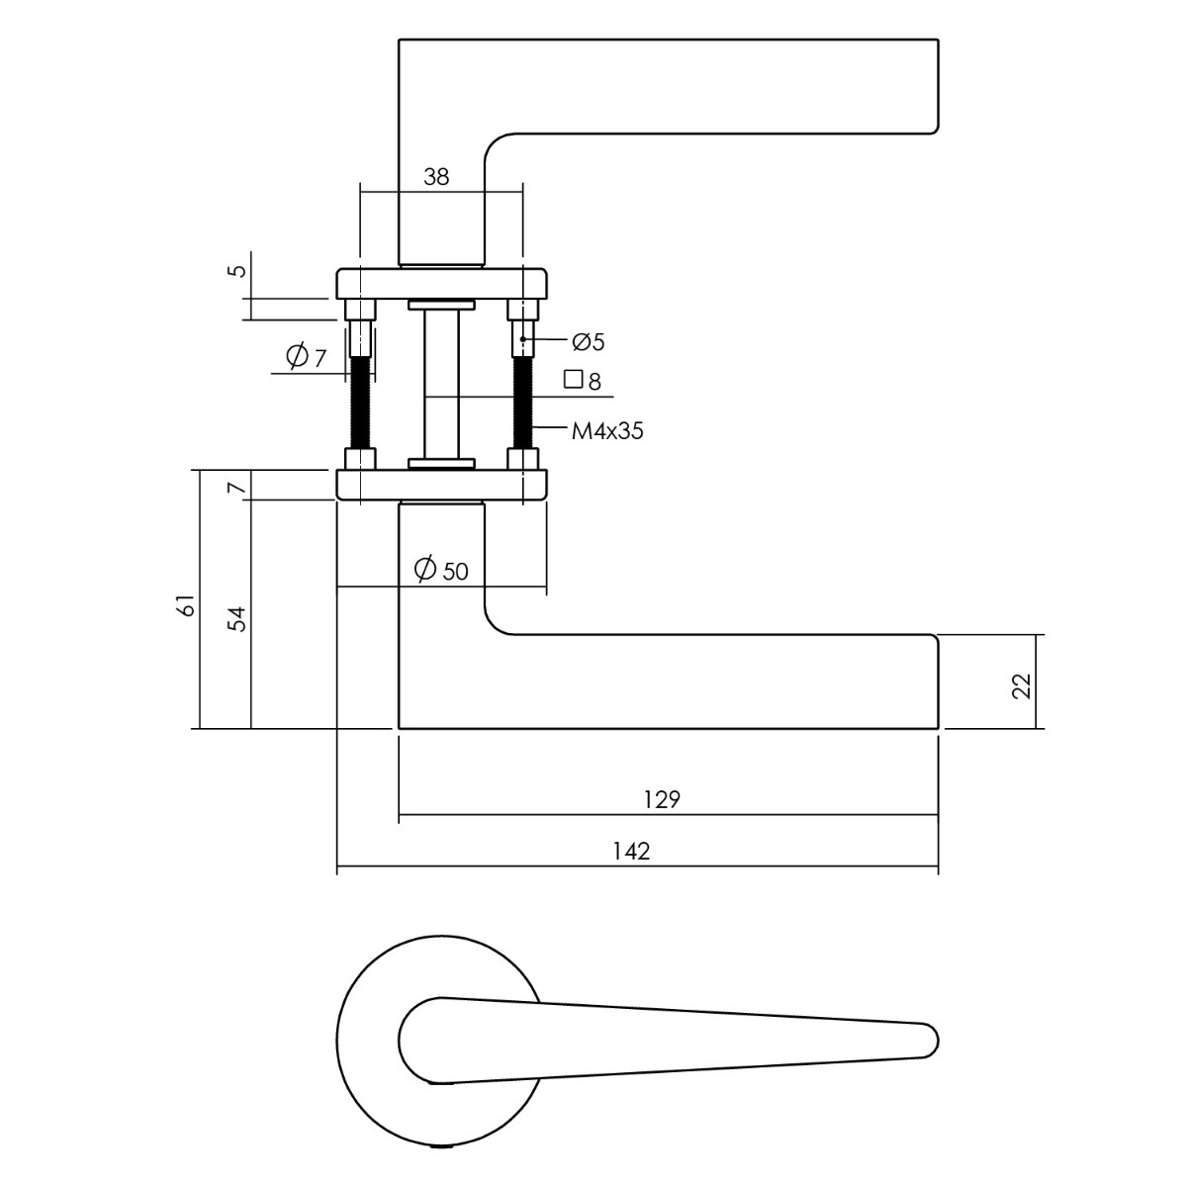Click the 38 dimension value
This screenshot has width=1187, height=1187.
[x=436, y=177]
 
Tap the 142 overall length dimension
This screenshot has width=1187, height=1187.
[x=631, y=852]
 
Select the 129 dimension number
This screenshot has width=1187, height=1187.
[x=662, y=799]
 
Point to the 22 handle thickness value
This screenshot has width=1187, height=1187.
[x=1021, y=685]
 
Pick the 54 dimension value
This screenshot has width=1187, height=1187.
[x=237, y=619]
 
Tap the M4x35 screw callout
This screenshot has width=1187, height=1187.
[x=607, y=431]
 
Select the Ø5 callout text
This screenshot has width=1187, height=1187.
[x=589, y=342]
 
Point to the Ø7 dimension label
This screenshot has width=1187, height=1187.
[x=306, y=356]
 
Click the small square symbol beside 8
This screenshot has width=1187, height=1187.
[x=573, y=379]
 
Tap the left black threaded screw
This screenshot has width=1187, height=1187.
[x=360, y=403]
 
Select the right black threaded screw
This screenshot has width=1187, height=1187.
[x=523, y=403]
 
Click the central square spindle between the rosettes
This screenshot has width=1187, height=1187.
[x=441, y=385]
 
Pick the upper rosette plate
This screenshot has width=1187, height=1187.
[x=441, y=283]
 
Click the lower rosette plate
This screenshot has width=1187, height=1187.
[x=441, y=484]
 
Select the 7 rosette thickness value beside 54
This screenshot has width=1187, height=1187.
[x=236, y=489]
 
